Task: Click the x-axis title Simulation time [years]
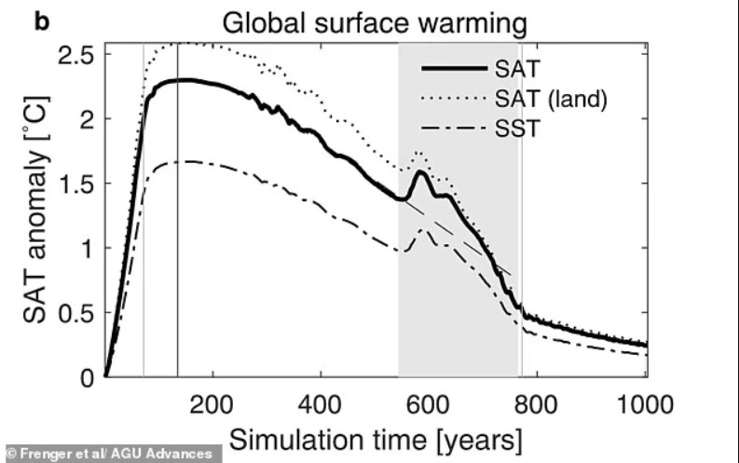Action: tap(376, 437)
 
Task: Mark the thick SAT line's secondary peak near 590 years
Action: tap(422, 171)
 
